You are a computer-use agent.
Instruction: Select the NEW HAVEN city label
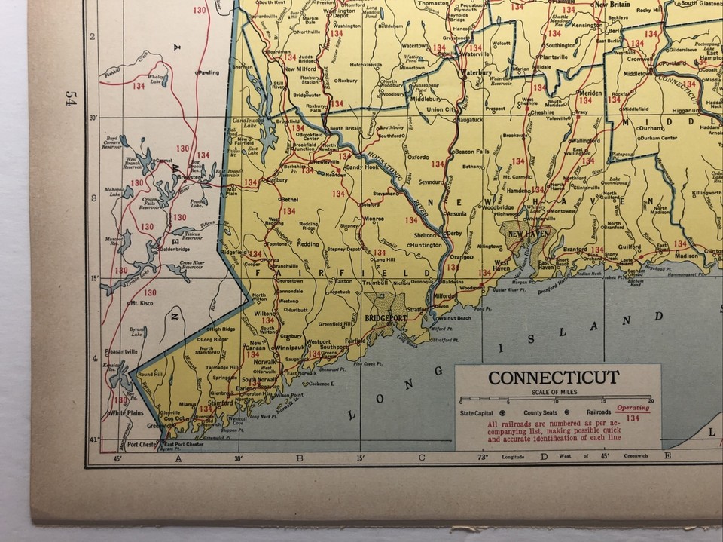click(x=525, y=234)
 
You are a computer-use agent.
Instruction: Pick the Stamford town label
click(x=221, y=403)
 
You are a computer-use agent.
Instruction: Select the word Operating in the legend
click(x=633, y=406)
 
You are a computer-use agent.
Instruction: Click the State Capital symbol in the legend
click(x=503, y=413)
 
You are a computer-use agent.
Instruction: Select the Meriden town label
click(x=590, y=92)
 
